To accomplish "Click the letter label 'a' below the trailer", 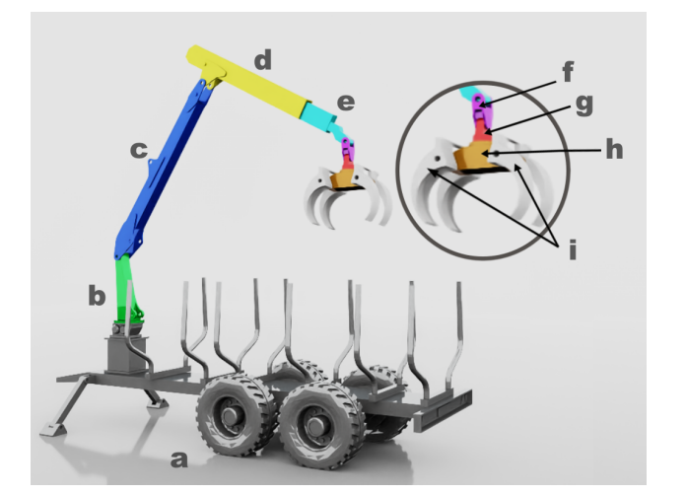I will pyautogui.click(x=178, y=459).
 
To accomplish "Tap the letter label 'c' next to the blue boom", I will pyautogui.click(x=138, y=150).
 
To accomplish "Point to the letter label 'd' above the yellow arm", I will pyautogui.click(x=262, y=61).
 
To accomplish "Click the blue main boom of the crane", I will pyautogui.click(x=163, y=168).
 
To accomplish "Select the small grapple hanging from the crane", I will pyautogui.click(x=350, y=192).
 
